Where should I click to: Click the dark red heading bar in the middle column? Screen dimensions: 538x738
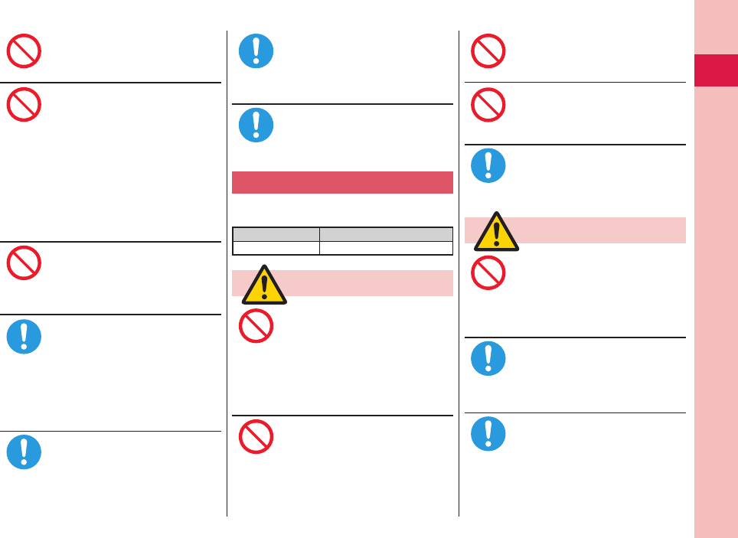342,183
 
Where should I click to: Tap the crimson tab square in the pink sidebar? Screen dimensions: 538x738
715,70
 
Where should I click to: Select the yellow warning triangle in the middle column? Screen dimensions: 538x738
264,285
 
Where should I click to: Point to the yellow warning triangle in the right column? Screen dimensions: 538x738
497,232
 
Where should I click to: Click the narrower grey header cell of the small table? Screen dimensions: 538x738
276,234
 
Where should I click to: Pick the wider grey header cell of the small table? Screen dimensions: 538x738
386,234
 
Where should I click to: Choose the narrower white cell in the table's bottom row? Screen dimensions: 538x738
276,247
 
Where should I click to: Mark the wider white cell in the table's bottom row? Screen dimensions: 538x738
386,247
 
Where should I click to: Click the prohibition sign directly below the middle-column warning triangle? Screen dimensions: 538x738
256,326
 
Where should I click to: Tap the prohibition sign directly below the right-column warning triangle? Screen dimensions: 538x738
488,272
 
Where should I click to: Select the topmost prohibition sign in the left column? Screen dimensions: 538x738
24,51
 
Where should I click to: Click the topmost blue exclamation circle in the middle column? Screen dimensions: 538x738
256,50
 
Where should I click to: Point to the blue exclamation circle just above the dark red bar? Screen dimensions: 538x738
256,126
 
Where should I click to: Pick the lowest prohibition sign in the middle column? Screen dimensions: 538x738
256,437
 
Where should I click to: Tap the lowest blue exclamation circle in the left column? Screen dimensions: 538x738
24,452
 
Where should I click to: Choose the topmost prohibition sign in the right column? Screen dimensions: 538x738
488,51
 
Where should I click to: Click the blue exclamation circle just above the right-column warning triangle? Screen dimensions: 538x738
488,166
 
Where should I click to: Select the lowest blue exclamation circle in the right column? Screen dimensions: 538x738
488,433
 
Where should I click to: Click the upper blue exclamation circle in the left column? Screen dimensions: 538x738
24,337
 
